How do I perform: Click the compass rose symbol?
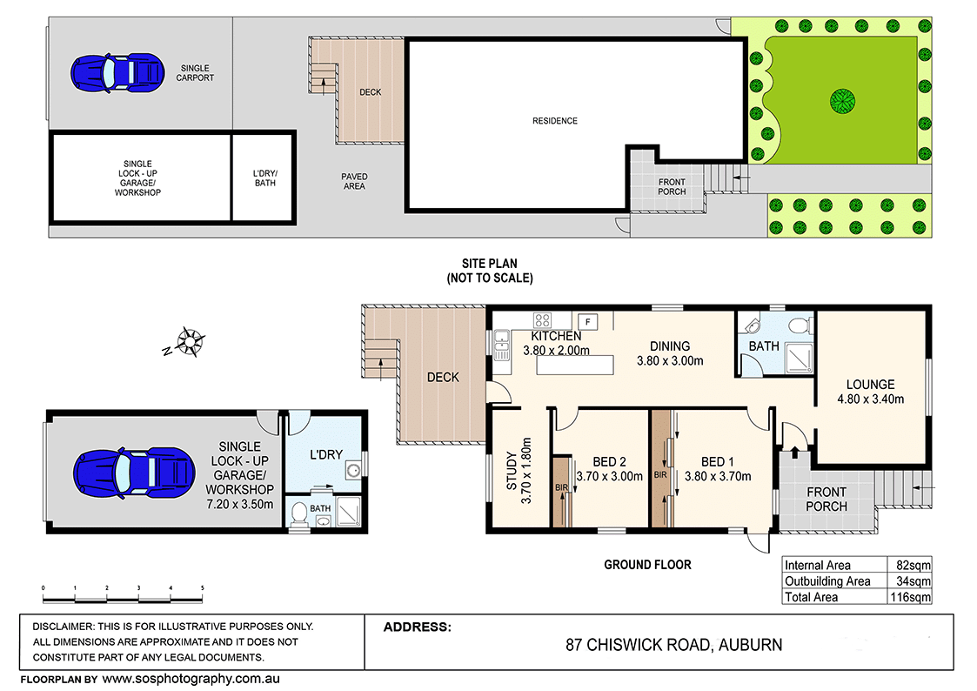[188, 341]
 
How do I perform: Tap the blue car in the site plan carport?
[117, 73]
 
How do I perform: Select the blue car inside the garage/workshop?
[134, 473]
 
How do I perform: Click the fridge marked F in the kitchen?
[587, 321]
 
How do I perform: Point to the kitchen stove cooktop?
[542, 320]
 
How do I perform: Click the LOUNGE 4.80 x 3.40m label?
[871, 392]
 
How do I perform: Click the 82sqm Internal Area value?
[913, 565]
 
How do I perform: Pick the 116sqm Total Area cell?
[910, 597]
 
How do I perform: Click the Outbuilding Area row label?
[827, 581]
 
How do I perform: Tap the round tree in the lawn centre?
[842, 101]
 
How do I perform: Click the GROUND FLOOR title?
[647, 565]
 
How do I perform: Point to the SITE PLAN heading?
[489, 264]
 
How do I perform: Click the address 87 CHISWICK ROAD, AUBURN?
[673, 645]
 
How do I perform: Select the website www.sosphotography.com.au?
[191, 679]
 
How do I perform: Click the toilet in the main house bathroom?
[800, 325]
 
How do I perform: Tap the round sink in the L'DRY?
[353, 470]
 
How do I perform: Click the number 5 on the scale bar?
[202, 587]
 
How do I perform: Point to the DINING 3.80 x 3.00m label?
[670, 353]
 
